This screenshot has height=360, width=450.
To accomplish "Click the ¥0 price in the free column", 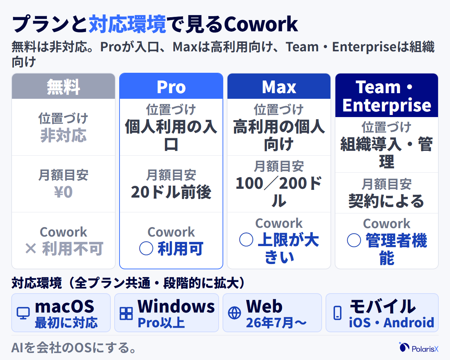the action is tap(63, 192).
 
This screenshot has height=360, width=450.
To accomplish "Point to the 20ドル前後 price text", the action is tap(171, 192).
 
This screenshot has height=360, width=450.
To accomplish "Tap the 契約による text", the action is tap(386, 201).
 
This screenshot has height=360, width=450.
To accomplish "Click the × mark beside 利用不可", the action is tap(31, 249).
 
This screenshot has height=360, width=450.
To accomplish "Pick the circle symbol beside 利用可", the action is tap(146, 248).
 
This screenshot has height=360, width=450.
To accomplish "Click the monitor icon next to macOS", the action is tap(23, 313).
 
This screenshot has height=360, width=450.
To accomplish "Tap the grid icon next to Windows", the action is tap(126, 313).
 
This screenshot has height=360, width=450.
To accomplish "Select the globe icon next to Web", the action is tap(234, 313).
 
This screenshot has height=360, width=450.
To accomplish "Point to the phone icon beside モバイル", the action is tap(337, 313).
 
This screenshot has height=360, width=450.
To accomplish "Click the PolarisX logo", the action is tap(418, 347).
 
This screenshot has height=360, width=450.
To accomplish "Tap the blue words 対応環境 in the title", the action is tap(127, 24).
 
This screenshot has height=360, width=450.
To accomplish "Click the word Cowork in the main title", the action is tap(261, 24).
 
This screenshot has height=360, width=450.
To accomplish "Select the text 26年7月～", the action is tap(276, 322).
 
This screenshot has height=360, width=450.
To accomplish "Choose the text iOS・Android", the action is tap(392, 322).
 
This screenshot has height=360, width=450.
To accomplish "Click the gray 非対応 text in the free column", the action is tap(63, 135).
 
